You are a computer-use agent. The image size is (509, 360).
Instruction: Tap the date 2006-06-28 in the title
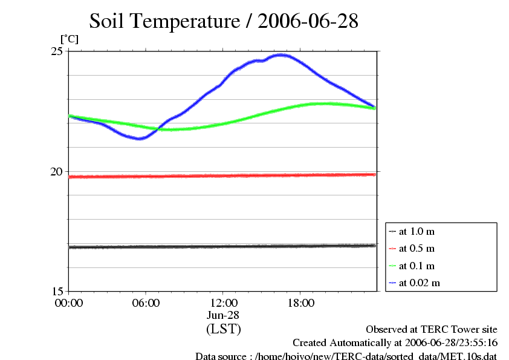click(x=308, y=22)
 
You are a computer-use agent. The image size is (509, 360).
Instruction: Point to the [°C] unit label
click(x=69, y=39)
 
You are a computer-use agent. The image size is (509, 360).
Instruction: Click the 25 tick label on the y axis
click(x=57, y=51)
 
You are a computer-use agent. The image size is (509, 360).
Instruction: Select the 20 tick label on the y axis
click(x=57, y=171)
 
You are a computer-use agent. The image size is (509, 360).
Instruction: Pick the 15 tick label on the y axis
click(x=57, y=291)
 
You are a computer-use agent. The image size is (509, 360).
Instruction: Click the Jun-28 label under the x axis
click(x=223, y=316)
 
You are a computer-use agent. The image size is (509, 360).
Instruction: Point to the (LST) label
click(x=223, y=330)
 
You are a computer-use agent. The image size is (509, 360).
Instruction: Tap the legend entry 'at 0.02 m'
click(x=419, y=283)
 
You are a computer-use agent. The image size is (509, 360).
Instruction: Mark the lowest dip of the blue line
click(x=140, y=139)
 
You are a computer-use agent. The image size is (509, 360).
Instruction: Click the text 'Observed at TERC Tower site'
click(x=432, y=330)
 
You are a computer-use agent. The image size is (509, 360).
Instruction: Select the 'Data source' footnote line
click(x=346, y=356)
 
